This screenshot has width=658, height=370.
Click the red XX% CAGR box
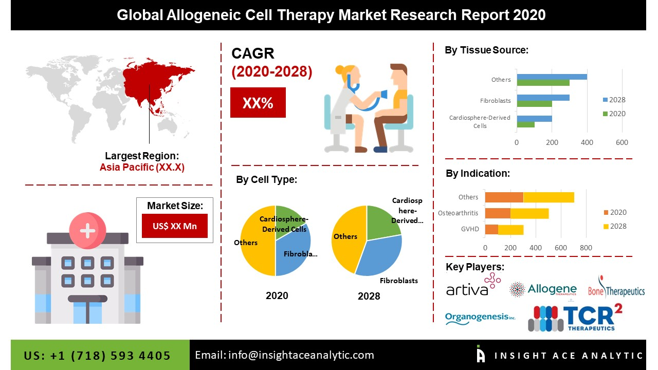(258, 103)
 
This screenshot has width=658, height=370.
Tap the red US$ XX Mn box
(174, 226)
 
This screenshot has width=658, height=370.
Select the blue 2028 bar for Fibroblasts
(543, 97)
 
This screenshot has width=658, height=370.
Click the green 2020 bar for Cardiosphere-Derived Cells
(525, 124)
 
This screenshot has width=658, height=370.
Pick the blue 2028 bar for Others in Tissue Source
(552, 77)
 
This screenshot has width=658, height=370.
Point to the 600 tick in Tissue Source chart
(622, 142)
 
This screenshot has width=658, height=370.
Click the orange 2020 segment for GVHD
(491, 229)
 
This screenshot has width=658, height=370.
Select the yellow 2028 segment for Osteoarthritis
(529, 213)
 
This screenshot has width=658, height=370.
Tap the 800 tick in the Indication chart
(586, 248)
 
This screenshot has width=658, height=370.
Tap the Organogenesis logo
(480, 317)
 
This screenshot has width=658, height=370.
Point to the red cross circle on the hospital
(87, 230)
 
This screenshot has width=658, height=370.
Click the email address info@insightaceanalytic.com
(284, 355)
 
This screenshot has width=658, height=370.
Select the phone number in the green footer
(97, 356)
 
